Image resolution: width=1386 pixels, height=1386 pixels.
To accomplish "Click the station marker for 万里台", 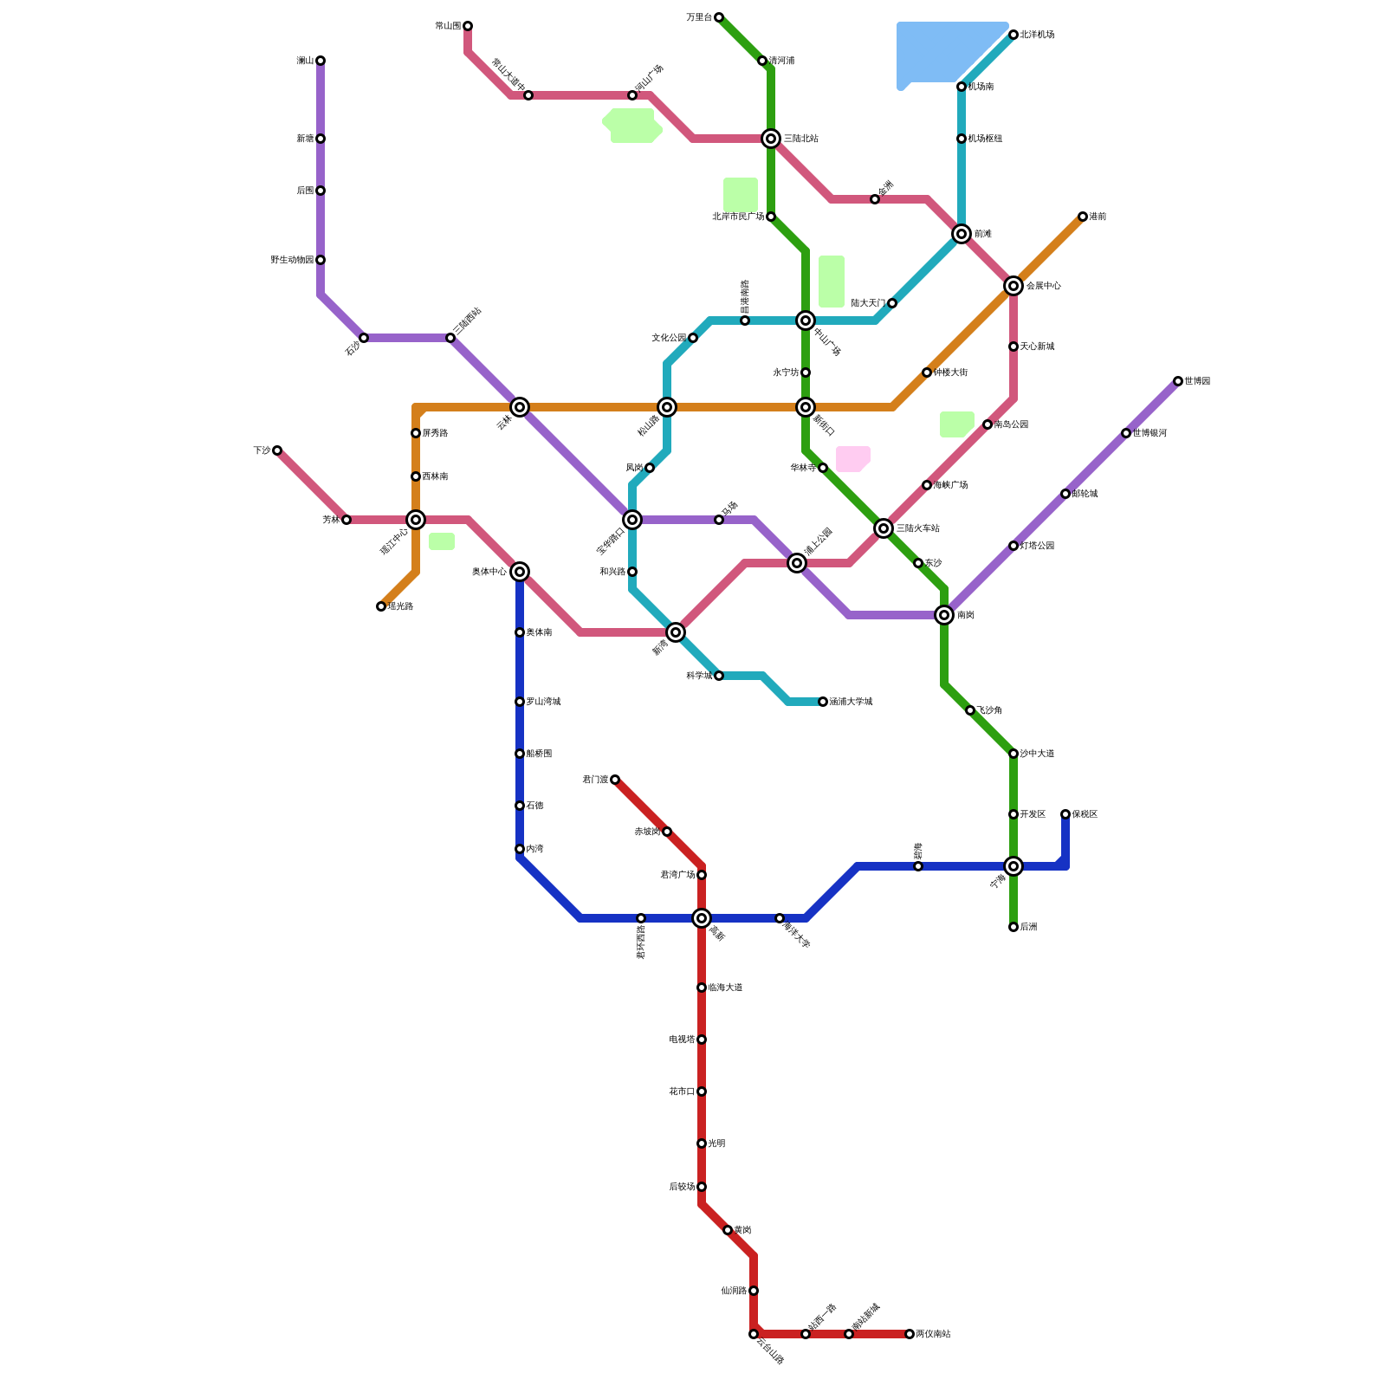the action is click(719, 17).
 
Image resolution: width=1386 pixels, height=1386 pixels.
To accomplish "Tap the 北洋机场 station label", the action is click(1037, 35).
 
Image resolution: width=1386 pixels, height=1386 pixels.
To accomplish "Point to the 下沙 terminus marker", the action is click(277, 450).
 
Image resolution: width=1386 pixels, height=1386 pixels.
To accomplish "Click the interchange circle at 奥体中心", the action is click(520, 572).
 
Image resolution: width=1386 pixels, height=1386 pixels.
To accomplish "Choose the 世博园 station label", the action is click(1197, 381).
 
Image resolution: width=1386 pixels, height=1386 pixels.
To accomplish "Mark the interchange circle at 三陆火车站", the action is click(884, 528).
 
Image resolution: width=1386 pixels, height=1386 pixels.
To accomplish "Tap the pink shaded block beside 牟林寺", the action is click(852, 459).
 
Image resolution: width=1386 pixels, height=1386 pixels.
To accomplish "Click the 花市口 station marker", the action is click(702, 1091).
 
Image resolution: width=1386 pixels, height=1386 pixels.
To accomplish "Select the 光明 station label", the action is click(717, 1143).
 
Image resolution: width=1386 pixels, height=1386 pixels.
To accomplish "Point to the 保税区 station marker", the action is click(1065, 814).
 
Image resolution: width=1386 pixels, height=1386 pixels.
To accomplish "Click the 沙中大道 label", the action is click(1037, 754).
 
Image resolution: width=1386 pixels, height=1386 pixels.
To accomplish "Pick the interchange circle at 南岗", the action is click(944, 615).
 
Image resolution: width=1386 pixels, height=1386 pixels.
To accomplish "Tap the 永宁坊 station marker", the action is click(806, 372).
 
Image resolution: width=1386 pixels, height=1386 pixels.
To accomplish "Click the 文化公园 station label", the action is click(669, 338).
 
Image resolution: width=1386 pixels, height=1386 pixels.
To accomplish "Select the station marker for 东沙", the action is click(918, 563).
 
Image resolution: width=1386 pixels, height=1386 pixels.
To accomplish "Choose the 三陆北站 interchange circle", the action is click(771, 139).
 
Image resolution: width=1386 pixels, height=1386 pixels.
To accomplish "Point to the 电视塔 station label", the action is click(682, 1039).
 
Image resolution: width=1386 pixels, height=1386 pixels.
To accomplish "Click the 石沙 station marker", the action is click(364, 338).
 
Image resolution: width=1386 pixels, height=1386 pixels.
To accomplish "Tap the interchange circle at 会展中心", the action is click(1014, 286).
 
